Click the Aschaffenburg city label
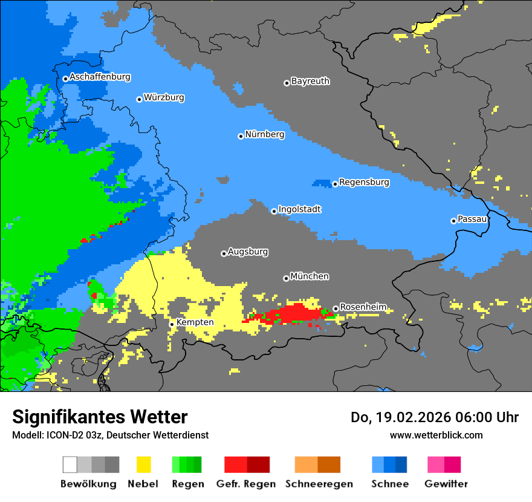tap(100, 77)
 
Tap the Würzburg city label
tap(164, 97)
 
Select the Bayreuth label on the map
tap(310, 81)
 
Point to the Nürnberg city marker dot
tap(241, 136)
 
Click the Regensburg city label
tap(364, 182)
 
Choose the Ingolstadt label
tap(299, 209)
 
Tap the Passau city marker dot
tap(453, 221)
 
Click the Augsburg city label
tap(248, 252)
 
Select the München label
tap(310, 276)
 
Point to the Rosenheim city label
tap(363, 307)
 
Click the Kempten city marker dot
tap(172, 324)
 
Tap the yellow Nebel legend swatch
tap(143, 465)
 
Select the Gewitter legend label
tap(446, 484)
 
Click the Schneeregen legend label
tap(319, 484)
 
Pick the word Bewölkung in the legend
tap(88, 484)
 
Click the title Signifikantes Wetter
tap(100, 417)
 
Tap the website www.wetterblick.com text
tap(436, 435)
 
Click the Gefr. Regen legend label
tap(246, 484)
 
